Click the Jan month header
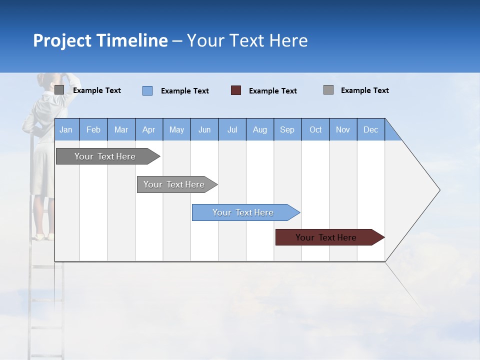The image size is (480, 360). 66,129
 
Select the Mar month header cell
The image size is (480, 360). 121,129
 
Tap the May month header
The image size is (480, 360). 176,129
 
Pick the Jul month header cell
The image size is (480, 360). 232,129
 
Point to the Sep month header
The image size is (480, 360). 287,129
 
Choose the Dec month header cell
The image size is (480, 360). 370,129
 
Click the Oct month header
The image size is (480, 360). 315,129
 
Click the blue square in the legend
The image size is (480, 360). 147,90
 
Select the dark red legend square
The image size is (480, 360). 236,90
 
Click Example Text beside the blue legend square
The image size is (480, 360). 185,91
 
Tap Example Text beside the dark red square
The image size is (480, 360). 273,91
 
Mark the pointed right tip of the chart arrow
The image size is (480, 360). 438,190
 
